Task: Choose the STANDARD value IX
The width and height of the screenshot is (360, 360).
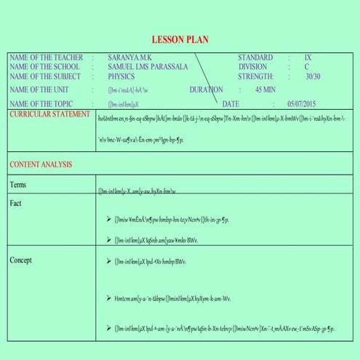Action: pyautogui.click(x=308, y=57)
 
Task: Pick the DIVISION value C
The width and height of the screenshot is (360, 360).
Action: pyautogui.click(x=307, y=66)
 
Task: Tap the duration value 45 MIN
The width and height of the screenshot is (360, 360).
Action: pyautogui.click(x=265, y=89)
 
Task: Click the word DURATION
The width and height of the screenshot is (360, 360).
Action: pyautogui.click(x=206, y=89)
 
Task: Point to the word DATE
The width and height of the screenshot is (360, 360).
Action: pyautogui.click(x=231, y=104)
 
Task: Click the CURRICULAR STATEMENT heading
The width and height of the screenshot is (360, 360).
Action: pyautogui.click(x=50, y=114)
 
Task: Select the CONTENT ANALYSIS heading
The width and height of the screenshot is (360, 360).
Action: pyautogui.click(x=41, y=164)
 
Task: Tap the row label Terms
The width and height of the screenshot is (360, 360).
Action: pyautogui.click(x=18, y=185)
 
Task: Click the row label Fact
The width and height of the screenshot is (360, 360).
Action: pyautogui.click(x=16, y=203)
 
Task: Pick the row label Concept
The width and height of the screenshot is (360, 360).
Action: pyautogui.click(x=22, y=260)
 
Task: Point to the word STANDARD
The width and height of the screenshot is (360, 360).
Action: pyautogui.click(x=255, y=57)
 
